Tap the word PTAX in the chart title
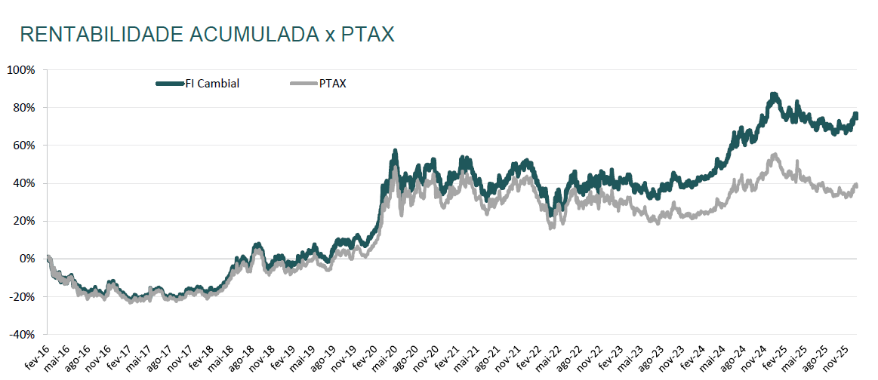click(368, 35)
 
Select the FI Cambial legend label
click(212, 84)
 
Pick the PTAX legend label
click(333, 84)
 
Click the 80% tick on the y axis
click(23, 108)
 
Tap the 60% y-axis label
click(23, 146)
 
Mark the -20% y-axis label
click(20, 296)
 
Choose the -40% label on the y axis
click(20, 334)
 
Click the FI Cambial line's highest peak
click(773, 95)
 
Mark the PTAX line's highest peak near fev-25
click(775, 155)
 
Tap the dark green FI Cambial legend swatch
click(170, 84)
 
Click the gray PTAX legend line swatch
click(303, 84)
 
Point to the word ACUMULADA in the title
click(249, 35)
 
